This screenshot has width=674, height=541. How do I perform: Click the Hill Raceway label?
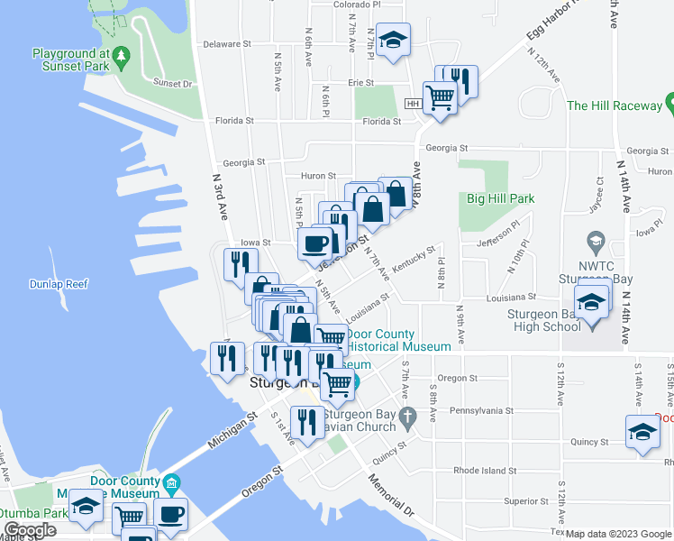(x=614, y=105)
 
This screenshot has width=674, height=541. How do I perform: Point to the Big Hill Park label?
(x=500, y=198)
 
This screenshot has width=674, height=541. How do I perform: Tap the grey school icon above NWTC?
(x=595, y=243)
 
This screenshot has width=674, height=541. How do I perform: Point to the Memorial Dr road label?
(x=389, y=493)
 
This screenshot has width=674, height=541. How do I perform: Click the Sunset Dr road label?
(x=173, y=83)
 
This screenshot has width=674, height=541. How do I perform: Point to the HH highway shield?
(x=413, y=104)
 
